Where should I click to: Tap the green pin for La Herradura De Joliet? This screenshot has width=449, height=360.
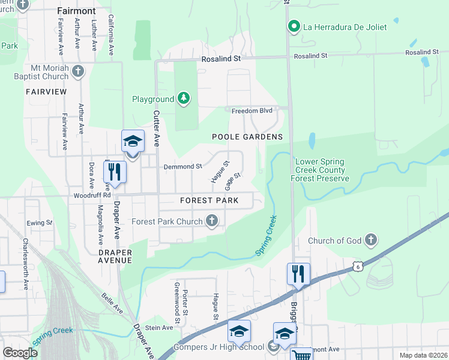tap(294, 26)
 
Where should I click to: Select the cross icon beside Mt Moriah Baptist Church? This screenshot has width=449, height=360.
tap(77, 72)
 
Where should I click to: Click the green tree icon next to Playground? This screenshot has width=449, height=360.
tap(184, 98)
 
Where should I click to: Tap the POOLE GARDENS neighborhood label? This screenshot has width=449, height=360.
tap(247, 137)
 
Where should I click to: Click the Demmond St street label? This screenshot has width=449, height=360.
tap(183, 166)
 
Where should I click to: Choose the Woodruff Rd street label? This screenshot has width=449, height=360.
tap(92, 195)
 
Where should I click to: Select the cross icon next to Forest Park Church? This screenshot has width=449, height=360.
tap(211, 221)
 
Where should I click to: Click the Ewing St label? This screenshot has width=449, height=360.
tap(40, 223)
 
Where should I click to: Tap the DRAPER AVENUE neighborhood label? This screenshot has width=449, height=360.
tap(115, 257)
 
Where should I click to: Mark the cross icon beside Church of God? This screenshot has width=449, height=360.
tap(371, 241)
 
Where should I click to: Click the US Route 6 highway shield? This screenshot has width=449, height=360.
tap(358, 265)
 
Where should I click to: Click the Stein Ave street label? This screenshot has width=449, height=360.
tap(158, 328)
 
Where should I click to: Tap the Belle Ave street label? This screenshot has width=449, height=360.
tap(112, 298)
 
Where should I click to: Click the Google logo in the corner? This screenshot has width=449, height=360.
tap(20, 353)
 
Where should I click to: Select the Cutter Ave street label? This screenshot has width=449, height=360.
tap(157, 128)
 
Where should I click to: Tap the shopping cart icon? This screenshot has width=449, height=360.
tap(301, 355)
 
